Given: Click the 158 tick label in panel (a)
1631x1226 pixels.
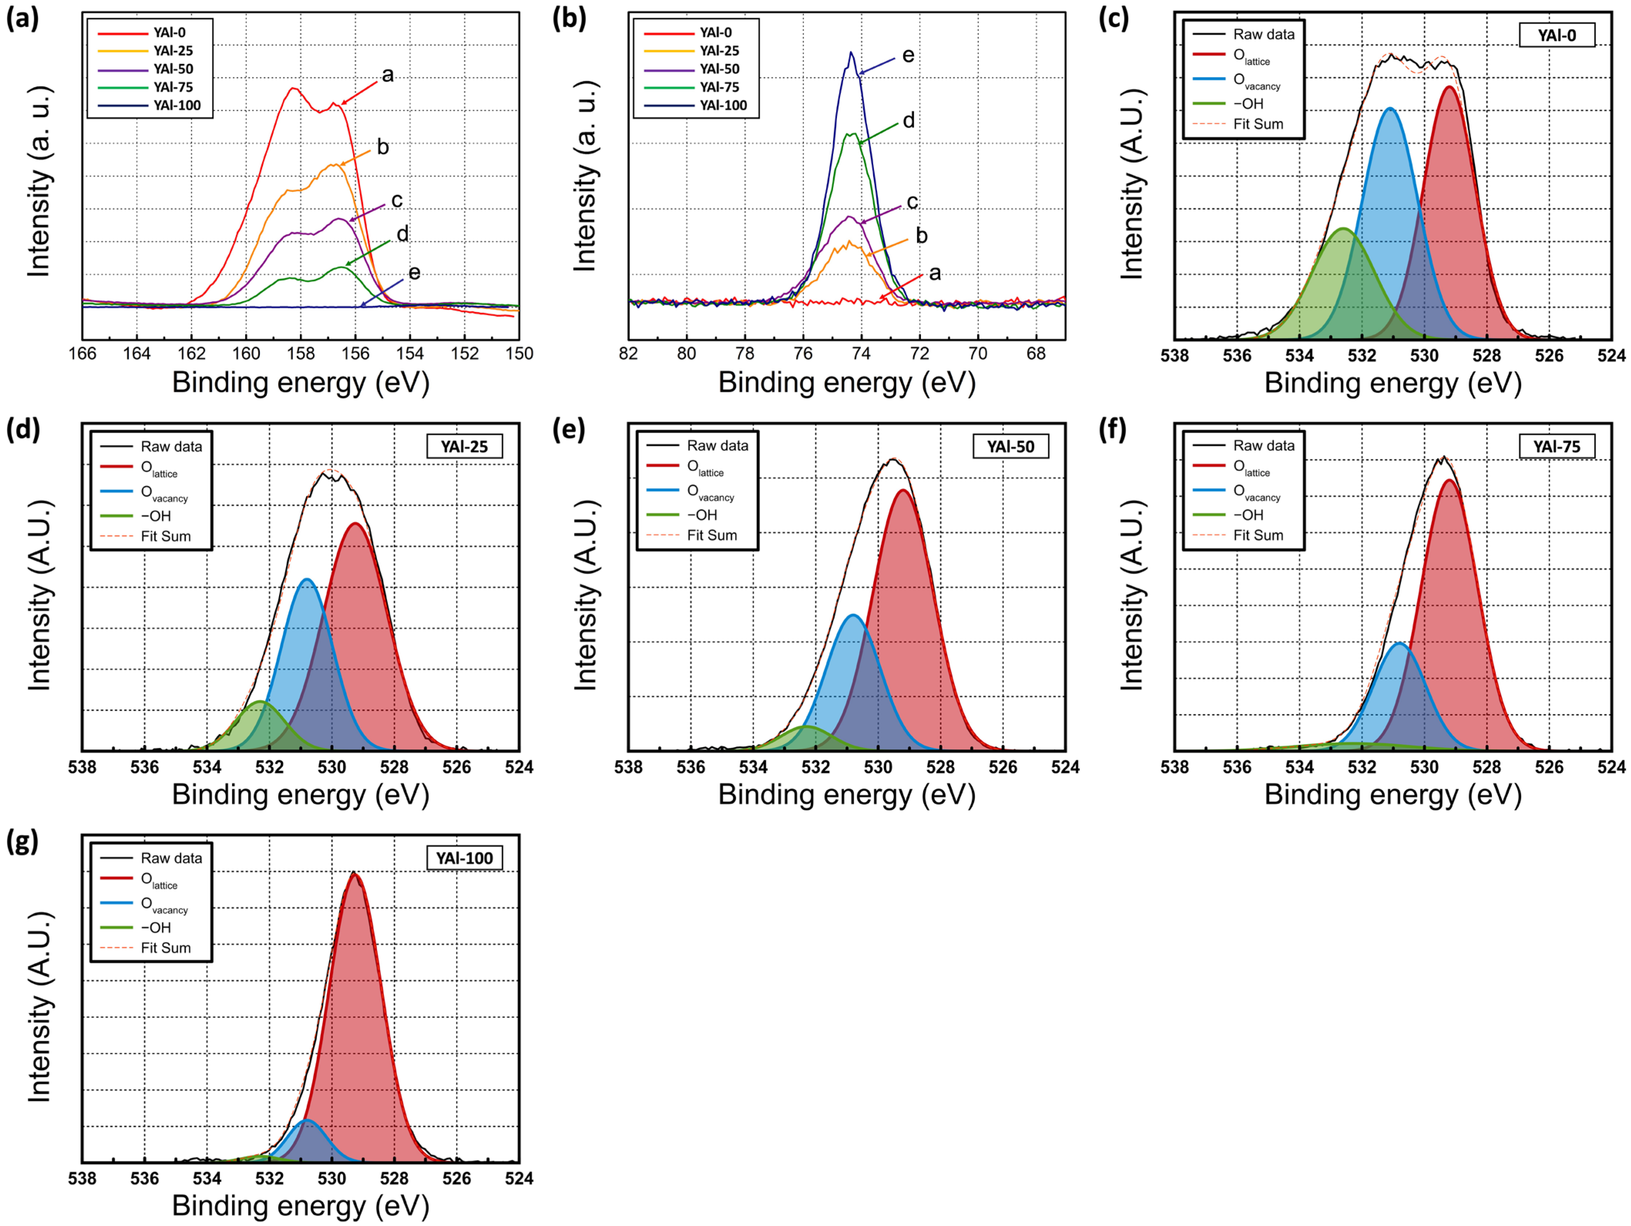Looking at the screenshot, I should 301,354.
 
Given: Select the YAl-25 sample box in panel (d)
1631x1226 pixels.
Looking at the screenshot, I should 465,447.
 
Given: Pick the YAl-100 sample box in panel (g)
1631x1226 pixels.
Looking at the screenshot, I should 465,858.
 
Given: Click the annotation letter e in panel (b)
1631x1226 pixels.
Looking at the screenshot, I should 909,55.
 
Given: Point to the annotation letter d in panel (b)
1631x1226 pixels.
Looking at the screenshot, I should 909,120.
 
